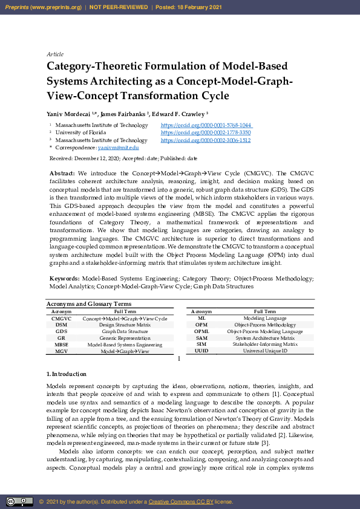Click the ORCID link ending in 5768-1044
[206, 125]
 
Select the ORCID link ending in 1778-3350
[206, 132]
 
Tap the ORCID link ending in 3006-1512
[206, 140]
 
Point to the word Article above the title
[55, 54]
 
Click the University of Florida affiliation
[81, 132]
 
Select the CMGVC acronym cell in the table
[61, 319]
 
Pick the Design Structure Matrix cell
[125, 325]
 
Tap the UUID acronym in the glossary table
[201, 351]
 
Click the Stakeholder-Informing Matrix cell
[264, 344]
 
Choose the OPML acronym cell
[201, 331]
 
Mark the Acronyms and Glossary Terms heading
[89, 304]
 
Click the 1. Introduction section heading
[67, 374]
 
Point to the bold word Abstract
[62, 173]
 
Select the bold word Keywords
[64, 278]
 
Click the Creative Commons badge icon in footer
[19, 501]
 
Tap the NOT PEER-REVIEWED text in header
[119, 7]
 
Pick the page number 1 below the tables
[179, 359]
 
